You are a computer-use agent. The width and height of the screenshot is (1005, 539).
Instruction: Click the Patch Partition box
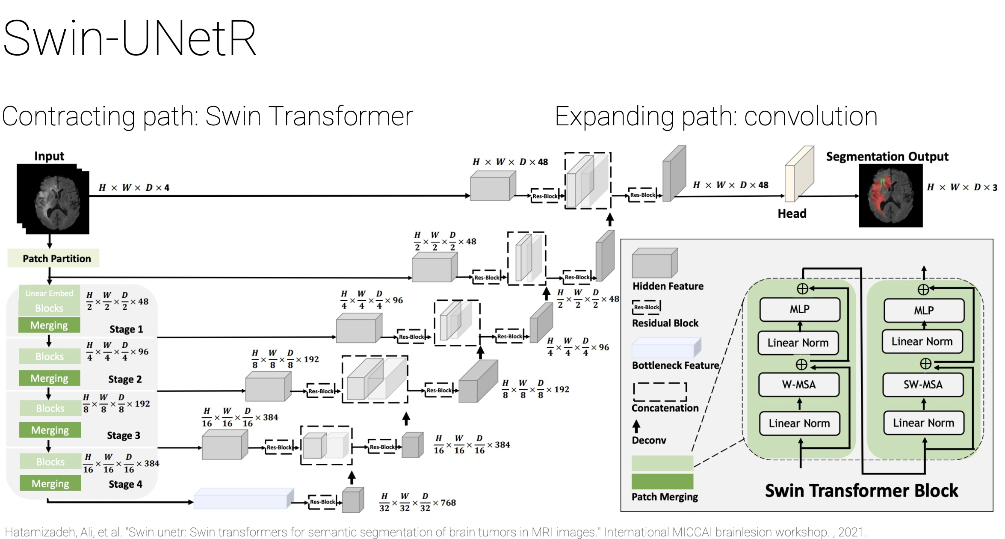(x=53, y=258)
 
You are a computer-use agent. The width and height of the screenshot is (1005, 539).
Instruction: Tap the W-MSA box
(x=799, y=385)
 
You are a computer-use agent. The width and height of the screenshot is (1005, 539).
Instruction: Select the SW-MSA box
(x=923, y=385)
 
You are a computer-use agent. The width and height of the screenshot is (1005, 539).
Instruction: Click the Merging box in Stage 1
(x=49, y=325)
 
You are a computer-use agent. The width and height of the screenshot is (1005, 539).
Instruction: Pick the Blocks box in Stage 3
(x=50, y=408)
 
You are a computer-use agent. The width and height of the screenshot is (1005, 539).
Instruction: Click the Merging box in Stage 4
(x=50, y=483)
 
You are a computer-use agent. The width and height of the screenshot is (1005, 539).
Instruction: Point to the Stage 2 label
(x=125, y=379)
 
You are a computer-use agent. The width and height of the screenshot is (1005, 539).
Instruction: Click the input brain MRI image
(x=53, y=199)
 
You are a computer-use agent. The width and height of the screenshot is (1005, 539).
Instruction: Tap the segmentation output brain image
(x=890, y=196)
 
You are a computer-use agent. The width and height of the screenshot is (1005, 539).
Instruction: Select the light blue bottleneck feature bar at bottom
(x=243, y=498)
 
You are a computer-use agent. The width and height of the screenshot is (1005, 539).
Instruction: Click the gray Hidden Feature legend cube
(x=655, y=263)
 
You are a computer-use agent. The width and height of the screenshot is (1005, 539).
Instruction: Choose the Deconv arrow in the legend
(x=636, y=426)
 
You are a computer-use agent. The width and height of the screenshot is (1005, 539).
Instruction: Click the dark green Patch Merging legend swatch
(x=662, y=481)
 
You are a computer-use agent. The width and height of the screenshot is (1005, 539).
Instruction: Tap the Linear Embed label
(x=49, y=293)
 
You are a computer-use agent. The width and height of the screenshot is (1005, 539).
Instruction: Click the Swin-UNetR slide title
(x=130, y=38)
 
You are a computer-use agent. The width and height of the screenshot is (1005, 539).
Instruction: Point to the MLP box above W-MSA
(x=799, y=309)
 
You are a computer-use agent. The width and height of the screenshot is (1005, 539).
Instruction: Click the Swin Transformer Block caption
(x=861, y=491)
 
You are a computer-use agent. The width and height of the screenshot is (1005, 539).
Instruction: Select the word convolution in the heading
(x=811, y=116)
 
